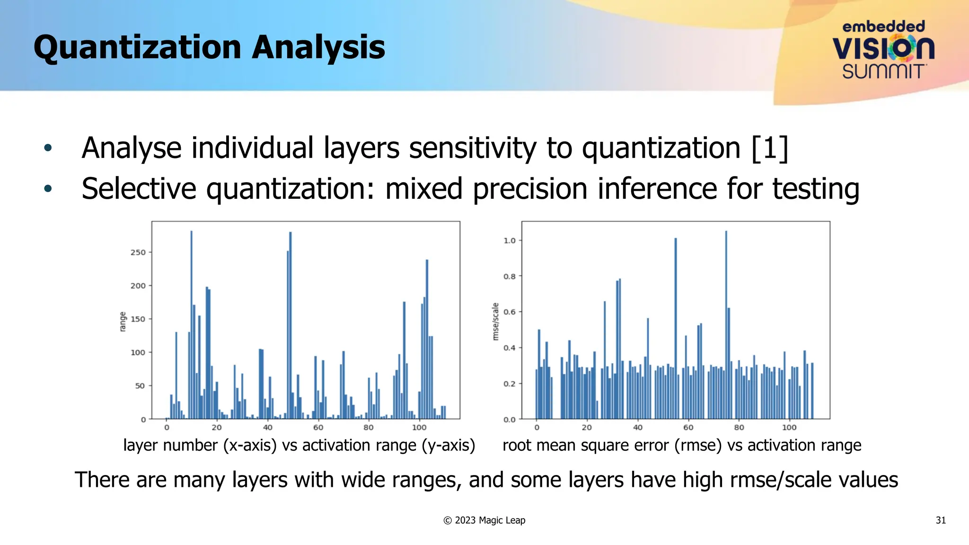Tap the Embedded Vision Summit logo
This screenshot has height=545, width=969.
click(883, 50)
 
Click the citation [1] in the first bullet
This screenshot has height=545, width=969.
click(769, 149)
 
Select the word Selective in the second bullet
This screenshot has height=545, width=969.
click(139, 189)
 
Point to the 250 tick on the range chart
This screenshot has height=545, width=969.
click(138, 253)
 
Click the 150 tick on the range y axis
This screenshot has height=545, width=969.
click(138, 319)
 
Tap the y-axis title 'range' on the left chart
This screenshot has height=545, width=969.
click(123, 322)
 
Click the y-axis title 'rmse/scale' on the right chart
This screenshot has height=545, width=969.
click(495, 322)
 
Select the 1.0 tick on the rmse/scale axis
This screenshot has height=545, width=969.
click(510, 241)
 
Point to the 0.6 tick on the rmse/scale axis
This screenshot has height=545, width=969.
click(510, 312)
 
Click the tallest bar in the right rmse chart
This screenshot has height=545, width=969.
click(726, 326)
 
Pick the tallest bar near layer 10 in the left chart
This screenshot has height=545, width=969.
click(191, 326)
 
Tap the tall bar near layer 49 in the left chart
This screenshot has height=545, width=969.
click(291, 326)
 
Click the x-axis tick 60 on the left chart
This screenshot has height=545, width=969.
click(318, 428)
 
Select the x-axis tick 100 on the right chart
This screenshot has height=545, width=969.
click(789, 428)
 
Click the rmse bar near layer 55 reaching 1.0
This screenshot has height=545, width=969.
click(676, 331)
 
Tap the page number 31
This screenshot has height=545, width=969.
click(941, 520)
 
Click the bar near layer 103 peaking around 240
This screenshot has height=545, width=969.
click(427, 341)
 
